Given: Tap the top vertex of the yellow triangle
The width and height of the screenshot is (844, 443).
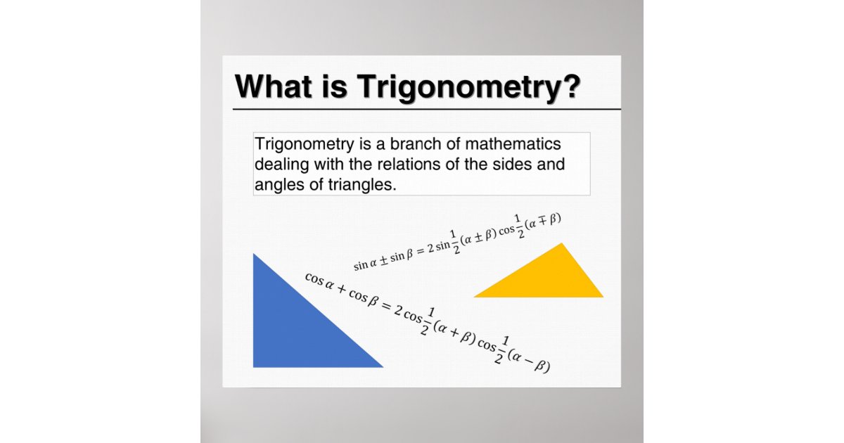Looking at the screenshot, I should pos(561,244).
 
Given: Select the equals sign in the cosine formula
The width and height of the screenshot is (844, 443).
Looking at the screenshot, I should pos(385,307).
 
